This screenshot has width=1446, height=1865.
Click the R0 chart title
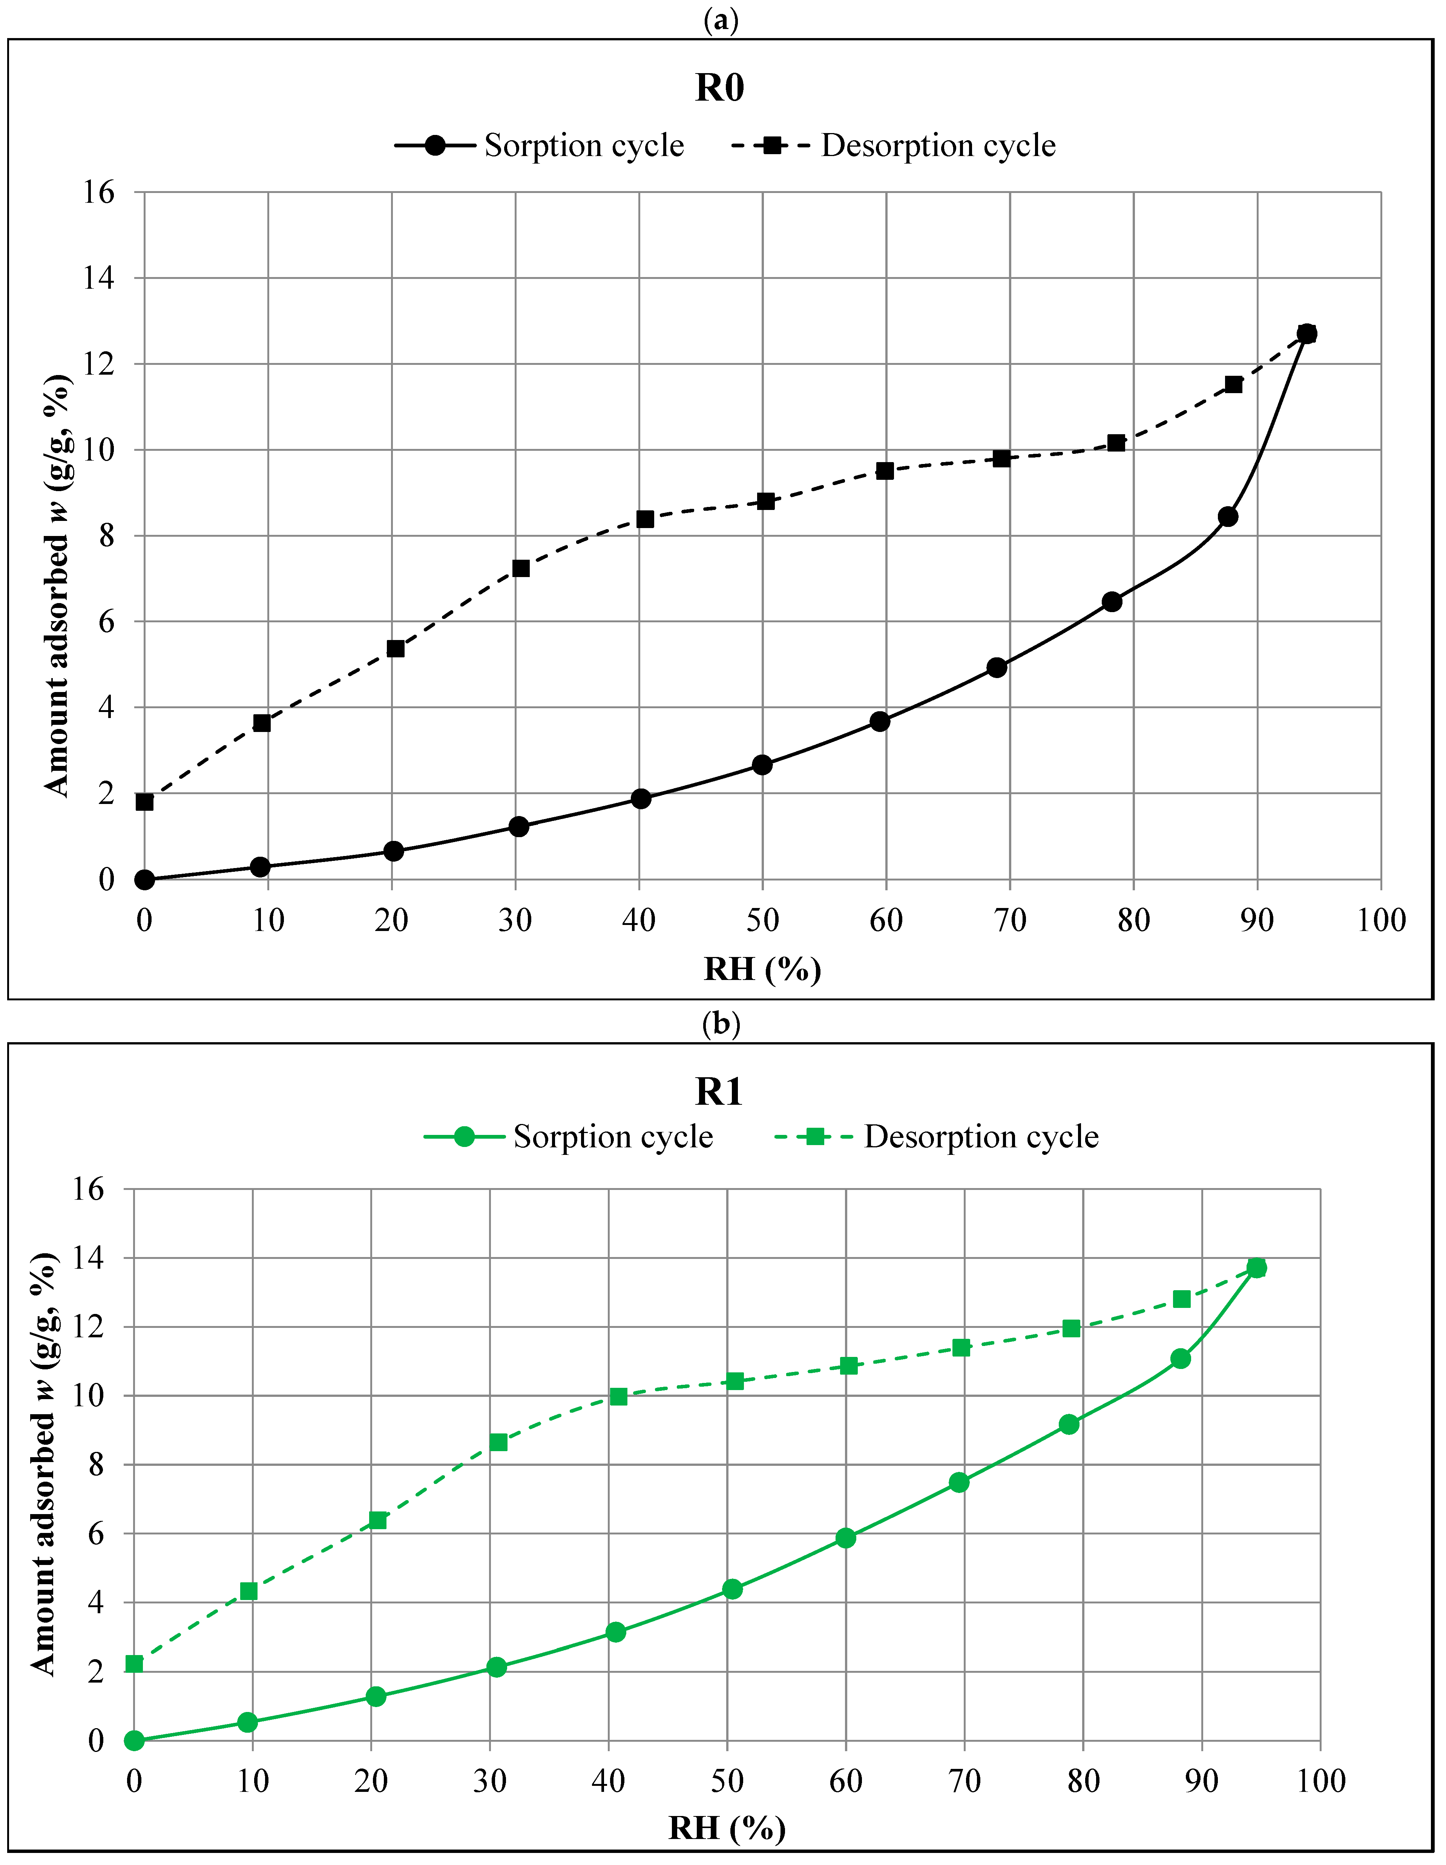719,88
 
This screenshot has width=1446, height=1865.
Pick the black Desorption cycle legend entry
893,145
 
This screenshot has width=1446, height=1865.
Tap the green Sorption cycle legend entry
568,1136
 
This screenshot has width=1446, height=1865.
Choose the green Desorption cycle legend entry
936,1136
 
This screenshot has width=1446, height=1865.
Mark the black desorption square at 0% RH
144,802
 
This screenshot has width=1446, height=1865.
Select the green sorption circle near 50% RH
732,1589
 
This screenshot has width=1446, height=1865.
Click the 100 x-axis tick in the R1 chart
1320,1781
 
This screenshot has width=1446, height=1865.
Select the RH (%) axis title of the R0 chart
762,969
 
